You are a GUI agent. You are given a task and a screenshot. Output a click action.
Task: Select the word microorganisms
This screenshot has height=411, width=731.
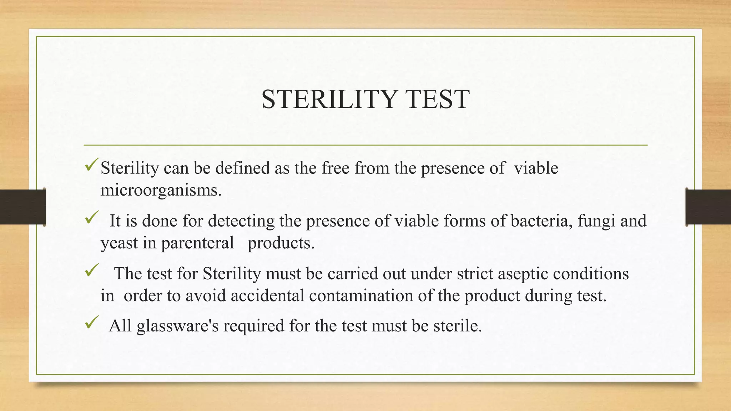(x=161, y=190)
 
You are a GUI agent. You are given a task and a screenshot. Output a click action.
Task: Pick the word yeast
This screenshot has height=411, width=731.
(x=119, y=244)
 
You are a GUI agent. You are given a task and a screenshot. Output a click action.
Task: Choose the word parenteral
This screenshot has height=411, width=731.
(x=197, y=244)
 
